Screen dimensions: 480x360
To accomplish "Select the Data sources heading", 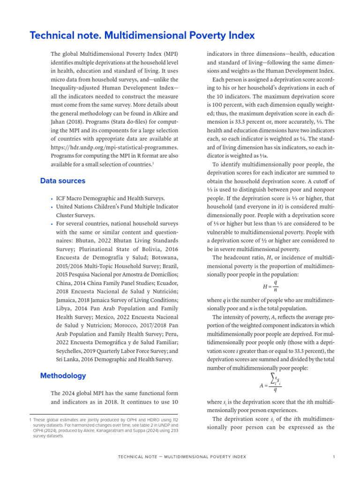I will tap(63, 180).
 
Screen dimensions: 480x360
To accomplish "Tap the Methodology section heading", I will tap(63, 375).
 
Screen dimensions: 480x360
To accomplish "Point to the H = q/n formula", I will tap(270, 286).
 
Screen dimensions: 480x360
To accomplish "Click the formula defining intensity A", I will tap(270, 382).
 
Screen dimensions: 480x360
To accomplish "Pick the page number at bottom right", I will tap(333, 457).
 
